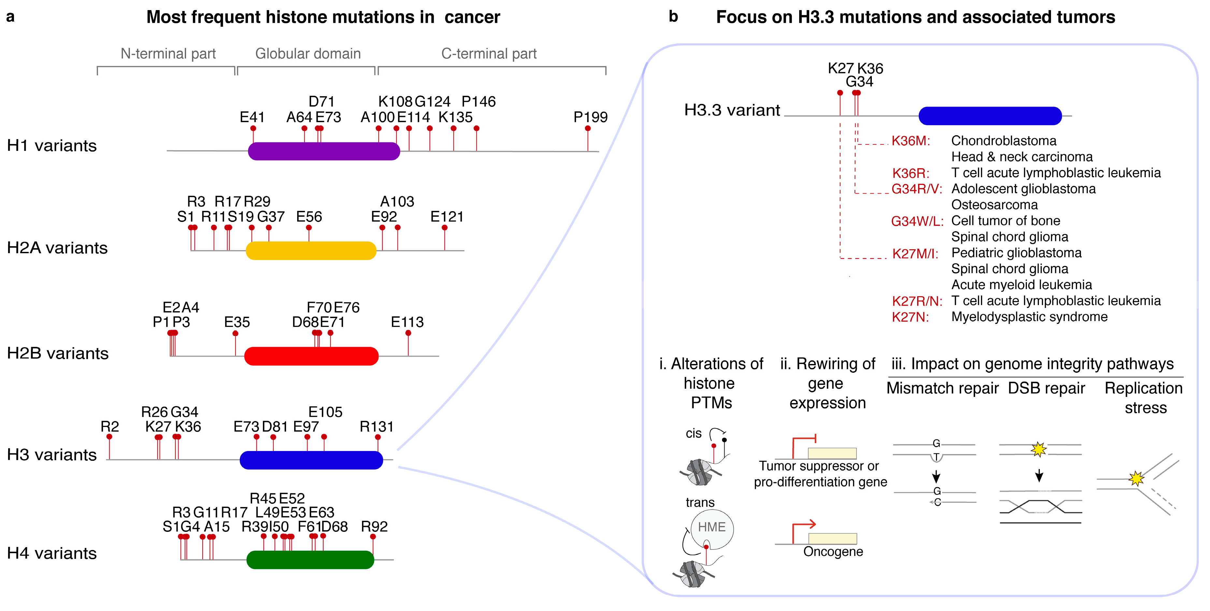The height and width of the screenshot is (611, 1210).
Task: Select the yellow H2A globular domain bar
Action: [310, 251]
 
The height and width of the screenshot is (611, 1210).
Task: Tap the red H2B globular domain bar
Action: [311, 356]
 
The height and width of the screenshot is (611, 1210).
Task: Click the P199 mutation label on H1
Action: [590, 117]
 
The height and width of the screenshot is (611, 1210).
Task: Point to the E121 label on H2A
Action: [447, 217]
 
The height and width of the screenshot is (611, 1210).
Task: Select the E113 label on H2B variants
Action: [407, 322]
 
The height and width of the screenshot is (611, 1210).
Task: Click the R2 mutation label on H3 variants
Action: [109, 427]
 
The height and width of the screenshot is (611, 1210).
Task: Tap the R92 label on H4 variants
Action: [374, 526]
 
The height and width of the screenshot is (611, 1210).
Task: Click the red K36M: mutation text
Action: [910, 141]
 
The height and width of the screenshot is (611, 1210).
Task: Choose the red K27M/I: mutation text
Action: [915, 254]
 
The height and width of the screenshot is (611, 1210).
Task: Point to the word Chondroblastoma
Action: [1003, 141]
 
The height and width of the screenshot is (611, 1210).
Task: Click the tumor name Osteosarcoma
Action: [994, 205]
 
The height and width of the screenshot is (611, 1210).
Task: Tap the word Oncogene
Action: [833, 551]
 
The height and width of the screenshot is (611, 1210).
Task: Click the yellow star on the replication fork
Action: [1136, 478]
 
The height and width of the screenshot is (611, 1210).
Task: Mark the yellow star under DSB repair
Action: [1039, 449]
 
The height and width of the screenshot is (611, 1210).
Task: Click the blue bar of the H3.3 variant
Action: [990, 116]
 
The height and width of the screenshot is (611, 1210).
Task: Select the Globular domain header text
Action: [308, 53]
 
